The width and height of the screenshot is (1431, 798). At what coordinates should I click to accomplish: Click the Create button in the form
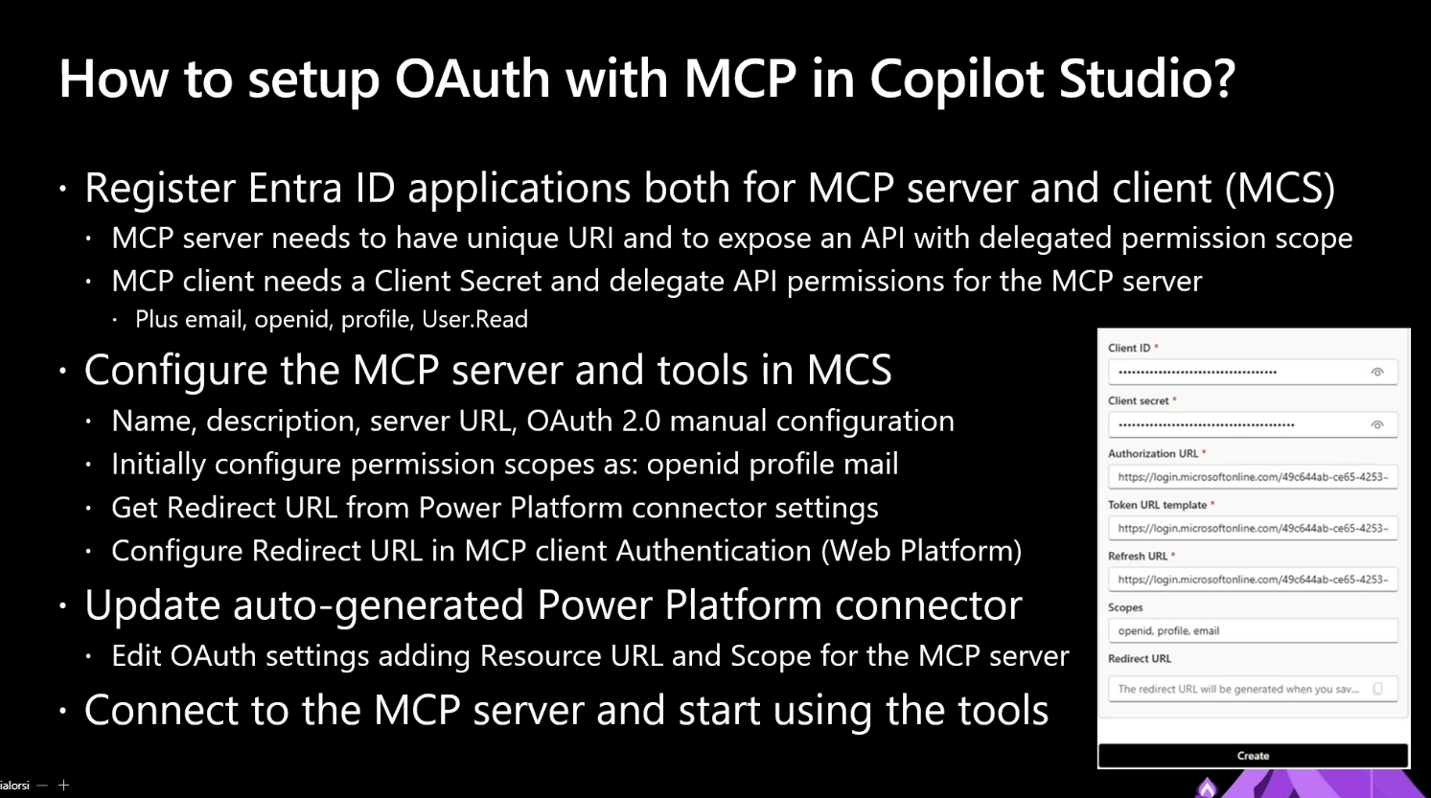pyautogui.click(x=1253, y=755)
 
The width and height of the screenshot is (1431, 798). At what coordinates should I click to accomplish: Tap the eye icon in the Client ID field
pyautogui.click(x=1377, y=373)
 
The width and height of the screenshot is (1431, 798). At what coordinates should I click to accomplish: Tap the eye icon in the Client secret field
pyautogui.click(x=1377, y=424)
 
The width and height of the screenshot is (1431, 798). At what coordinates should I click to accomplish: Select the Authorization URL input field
pyautogui.click(x=1253, y=477)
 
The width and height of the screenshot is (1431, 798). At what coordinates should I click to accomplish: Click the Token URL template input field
pyautogui.click(x=1253, y=528)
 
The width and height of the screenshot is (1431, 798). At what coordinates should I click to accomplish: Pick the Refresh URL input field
pyautogui.click(x=1253, y=579)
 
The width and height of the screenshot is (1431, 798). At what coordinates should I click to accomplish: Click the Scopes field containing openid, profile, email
pyautogui.click(x=1253, y=630)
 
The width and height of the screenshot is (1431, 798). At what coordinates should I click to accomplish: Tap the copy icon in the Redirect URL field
pyautogui.click(x=1378, y=689)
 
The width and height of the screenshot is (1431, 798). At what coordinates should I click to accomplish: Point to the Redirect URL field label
pyautogui.click(x=1140, y=659)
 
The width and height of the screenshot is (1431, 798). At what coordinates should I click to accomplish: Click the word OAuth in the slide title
pyautogui.click(x=473, y=79)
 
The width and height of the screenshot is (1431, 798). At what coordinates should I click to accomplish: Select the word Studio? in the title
pyautogui.click(x=1147, y=79)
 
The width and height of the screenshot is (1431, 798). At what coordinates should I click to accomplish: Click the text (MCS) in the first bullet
pyautogui.click(x=1280, y=189)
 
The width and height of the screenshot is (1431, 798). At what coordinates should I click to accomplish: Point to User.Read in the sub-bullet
pyautogui.click(x=474, y=319)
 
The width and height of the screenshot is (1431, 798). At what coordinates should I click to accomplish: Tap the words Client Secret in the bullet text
pyautogui.click(x=458, y=281)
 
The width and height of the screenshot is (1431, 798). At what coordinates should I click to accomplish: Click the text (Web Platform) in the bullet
pyautogui.click(x=921, y=551)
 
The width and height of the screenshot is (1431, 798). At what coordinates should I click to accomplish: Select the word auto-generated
pyautogui.click(x=379, y=605)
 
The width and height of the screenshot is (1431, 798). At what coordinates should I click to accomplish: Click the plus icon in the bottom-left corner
pyautogui.click(x=63, y=786)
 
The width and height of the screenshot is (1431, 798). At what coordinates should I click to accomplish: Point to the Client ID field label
pyautogui.click(x=1129, y=348)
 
